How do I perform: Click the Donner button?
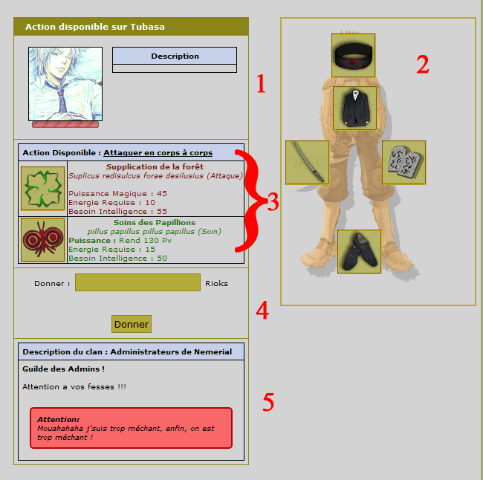click(132, 324)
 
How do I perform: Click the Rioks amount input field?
click(137, 282)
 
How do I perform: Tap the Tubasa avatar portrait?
click(65, 84)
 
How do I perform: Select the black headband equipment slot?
click(353, 55)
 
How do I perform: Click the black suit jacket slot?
click(355, 108)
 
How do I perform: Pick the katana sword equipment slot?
click(308, 163)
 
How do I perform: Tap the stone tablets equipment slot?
click(404, 163)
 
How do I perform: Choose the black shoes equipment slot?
click(360, 251)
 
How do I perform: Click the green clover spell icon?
click(43, 189)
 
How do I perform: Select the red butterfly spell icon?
click(43, 240)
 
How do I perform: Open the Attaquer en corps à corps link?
click(158, 152)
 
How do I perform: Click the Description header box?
click(175, 56)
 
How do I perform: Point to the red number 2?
click(423, 65)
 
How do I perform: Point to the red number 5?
click(268, 402)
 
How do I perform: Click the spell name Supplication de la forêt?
click(155, 166)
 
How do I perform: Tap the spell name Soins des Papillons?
click(155, 222)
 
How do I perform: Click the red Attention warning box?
click(132, 428)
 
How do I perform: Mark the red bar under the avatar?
click(65, 125)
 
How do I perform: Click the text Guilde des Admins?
click(63, 369)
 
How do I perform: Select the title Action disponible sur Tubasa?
click(95, 27)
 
